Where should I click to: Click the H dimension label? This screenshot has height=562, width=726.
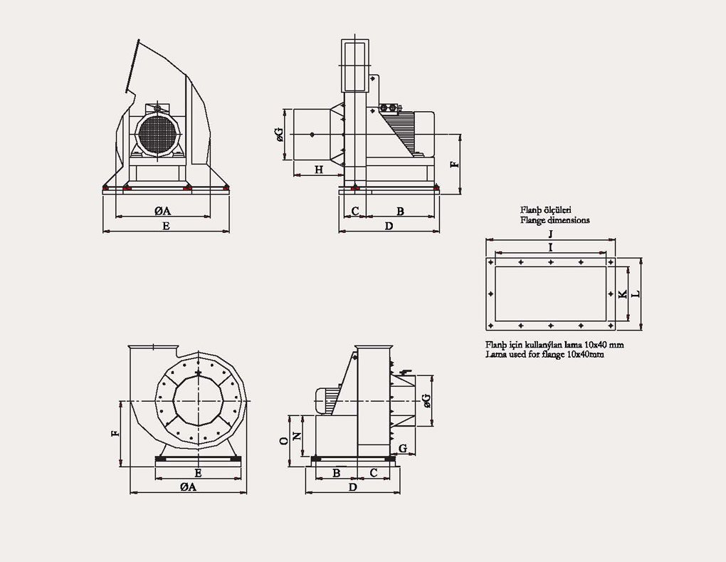(x=319, y=170)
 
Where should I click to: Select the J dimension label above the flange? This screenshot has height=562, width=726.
(x=551, y=234)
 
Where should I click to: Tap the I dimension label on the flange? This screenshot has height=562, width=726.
(x=551, y=246)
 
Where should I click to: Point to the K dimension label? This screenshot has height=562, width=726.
(x=623, y=294)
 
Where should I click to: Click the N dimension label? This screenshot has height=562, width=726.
(x=298, y=436)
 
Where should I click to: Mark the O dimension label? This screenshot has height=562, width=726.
(x=284, y=441)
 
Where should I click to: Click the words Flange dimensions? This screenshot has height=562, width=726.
(x=554, y=221)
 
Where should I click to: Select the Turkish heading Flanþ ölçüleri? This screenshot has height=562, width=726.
(x=546, y=211)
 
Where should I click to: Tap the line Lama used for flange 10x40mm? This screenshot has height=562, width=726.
(x=544, y=354)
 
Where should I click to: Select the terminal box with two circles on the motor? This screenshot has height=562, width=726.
(x=389, y=108)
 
